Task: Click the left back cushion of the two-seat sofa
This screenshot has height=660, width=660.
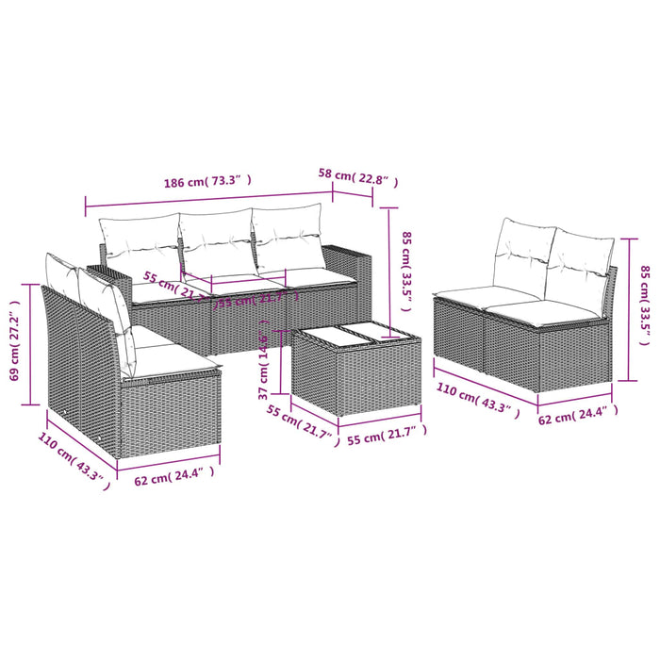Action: click(525, 251)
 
